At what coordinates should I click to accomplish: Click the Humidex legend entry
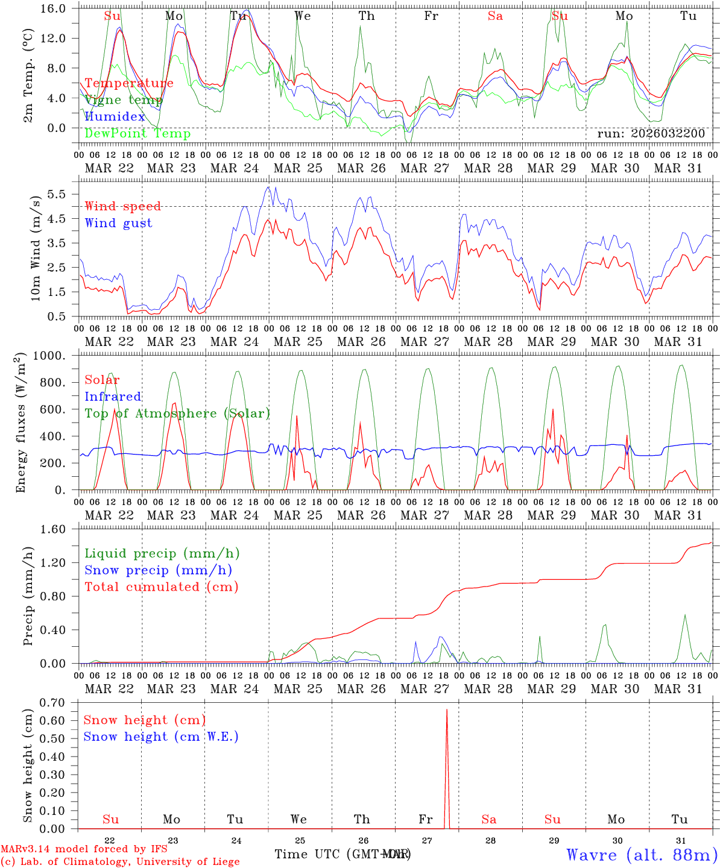point(115,117)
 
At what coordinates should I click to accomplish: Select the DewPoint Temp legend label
point(137,133)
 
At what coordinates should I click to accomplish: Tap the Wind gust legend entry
point(118,223)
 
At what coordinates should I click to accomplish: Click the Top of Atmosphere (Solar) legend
point(177,414)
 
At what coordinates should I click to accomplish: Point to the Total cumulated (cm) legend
point(162,587)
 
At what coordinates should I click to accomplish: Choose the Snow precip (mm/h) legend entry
point(158,570)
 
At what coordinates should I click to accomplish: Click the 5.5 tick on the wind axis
point(60,194)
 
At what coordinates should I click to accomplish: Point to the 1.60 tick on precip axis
point(58,529)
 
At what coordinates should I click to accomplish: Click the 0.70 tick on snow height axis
point(58,702)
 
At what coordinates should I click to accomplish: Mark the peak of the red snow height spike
point(446,709)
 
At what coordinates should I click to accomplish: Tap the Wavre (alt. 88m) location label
point(642,855)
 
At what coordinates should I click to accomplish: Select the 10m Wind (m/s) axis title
point(36,248)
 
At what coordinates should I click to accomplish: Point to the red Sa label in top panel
point(495,16)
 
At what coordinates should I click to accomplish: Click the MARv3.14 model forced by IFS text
point(84,849)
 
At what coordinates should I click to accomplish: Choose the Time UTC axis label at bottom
point(342,854)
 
